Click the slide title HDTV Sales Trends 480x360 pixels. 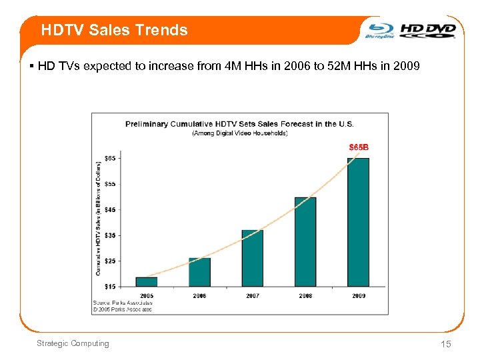[114, 30]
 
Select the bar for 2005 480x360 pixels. [146, 281]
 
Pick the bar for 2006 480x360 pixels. [199, 272]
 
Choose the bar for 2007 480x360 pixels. [252, 258]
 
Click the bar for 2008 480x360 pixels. [305, 241]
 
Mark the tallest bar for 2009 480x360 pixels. [358, 222]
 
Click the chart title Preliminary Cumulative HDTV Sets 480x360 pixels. [240, 124]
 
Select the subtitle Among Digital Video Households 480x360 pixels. [240, 133]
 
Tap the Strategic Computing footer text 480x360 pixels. [73, 343]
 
